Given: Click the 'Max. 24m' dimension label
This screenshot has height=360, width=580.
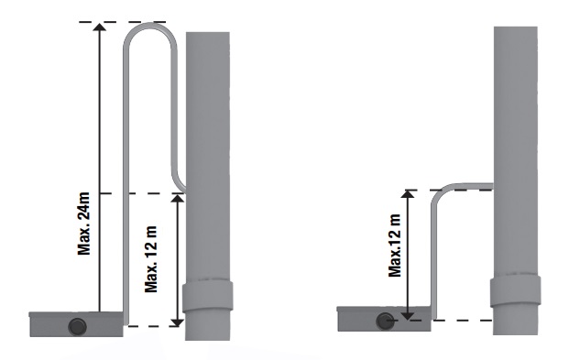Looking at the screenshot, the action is pyautogui.click(x=83, y=224).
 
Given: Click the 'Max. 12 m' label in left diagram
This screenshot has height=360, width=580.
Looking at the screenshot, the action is pyautogui.click(x=151, y=258).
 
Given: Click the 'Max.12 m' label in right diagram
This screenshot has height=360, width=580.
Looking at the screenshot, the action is pyautogui.click(x=395, y=245).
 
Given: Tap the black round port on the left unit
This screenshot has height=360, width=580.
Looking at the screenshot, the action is pyautogui.click(x=77, y=327).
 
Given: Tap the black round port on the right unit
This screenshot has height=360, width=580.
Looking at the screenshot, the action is pyautogui.click(x=385, y=322).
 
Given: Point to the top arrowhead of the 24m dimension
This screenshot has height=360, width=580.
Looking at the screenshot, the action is pyautogui.click(x=99, y=27).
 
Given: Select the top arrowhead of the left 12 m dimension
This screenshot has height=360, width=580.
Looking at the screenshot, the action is pyautogui.click(x=179, y=198).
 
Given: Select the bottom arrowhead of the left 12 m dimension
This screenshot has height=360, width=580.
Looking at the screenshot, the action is pyautogui.click(x=179, y=322).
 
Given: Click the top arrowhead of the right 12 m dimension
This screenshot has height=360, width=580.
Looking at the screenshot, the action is pyautogui.click(x=408, y=194).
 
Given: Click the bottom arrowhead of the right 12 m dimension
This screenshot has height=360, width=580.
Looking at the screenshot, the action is pyautogui.click(x=408, y=315).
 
